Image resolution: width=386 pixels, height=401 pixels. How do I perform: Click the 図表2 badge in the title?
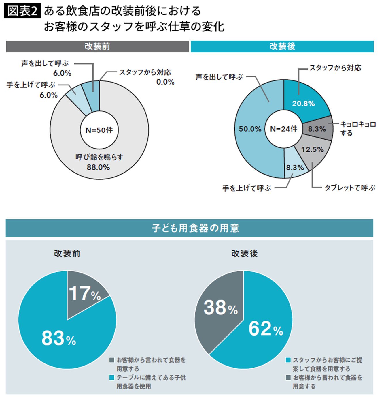[x=22, y=11]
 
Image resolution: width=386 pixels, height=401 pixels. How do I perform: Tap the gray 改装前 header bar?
[x=97, y=46]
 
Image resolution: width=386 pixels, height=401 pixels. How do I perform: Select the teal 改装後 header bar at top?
[x=282, y=46]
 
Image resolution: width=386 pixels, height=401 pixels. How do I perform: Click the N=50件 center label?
[x=99, y=130]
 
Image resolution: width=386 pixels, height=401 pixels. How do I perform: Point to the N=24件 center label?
[x=283, y=129]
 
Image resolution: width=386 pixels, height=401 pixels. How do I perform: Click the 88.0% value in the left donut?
[x=98, y=167]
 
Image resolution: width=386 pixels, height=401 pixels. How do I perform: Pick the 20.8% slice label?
[x=303, y=104]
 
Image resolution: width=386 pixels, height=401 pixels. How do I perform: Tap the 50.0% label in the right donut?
[x=250, y=129]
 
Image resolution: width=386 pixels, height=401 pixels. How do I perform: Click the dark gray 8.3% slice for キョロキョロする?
[x=317, y=129]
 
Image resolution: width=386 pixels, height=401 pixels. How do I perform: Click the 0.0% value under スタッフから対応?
[x=165, y=82]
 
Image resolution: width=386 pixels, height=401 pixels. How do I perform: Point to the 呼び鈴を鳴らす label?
[x=99, y=157]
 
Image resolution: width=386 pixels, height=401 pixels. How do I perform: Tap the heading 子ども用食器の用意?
[x=195, y=228]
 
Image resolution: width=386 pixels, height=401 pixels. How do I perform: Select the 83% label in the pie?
[x=58, y=338]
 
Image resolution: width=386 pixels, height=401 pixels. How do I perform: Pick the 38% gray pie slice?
[x=220, y=308]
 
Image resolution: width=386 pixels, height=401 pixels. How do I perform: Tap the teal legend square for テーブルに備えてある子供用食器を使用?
[x=112, y=378]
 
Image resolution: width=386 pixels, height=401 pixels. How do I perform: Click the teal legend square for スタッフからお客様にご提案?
[x=288, y=360]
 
